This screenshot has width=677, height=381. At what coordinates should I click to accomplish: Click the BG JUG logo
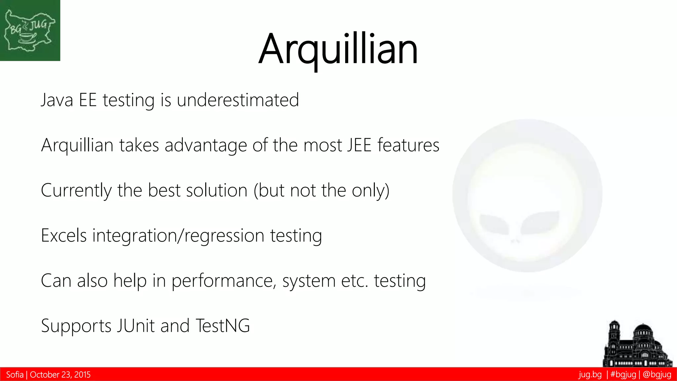[30, 30]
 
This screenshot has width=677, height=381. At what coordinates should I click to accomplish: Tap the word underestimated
[238, 100]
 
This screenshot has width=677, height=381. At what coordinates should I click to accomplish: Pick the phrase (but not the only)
[321, 190]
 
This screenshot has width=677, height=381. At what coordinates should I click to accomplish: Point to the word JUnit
[136, 326]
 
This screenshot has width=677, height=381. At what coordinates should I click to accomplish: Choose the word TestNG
[222, 326]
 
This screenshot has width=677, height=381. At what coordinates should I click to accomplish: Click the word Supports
[76, 326]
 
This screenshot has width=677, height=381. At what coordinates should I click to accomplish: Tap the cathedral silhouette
[637, 346]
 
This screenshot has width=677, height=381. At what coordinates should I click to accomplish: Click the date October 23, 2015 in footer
[60, 375]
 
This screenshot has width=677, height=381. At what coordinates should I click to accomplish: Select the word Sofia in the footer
[15, 375]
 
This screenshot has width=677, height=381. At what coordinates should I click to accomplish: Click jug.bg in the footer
[590, 375]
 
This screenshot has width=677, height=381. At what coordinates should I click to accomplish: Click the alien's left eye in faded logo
[494, 224]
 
